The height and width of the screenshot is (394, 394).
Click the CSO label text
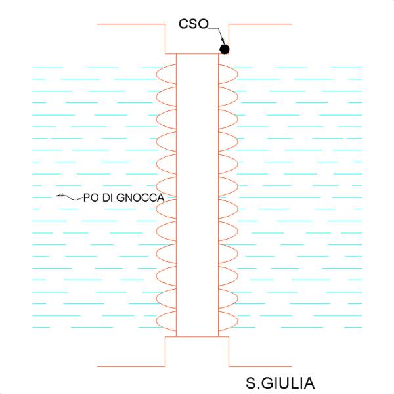193,24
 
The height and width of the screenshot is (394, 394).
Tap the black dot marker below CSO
225,49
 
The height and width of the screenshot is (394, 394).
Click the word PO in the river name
90,198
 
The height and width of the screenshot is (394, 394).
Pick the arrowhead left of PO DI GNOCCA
58,196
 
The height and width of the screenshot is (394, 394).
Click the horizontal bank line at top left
132,24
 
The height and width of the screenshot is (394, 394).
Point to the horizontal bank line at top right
259,24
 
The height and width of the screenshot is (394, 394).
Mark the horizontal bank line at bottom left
131,366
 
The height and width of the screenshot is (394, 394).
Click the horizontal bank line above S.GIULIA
259,366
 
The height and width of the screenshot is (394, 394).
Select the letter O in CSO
203,24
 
